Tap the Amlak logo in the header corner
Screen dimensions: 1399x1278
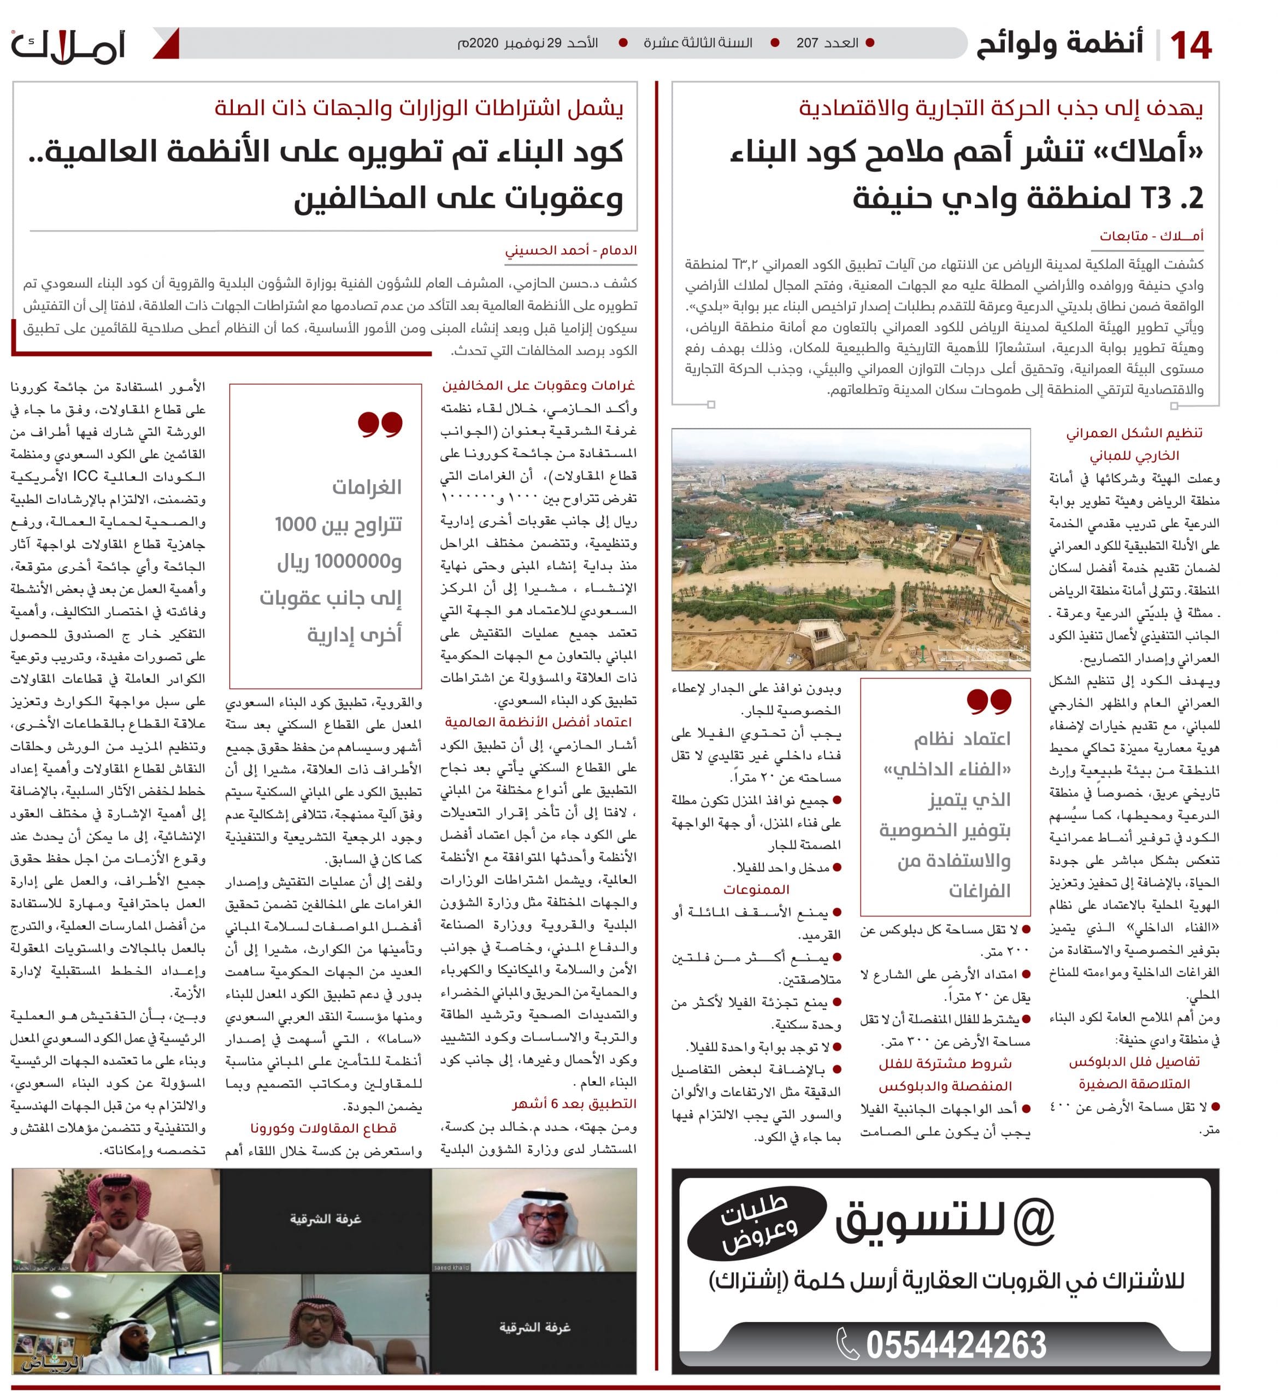tap(67, 46)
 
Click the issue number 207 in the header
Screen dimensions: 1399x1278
tap(807, 43)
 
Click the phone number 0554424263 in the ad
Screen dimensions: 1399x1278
tap(956, 1344)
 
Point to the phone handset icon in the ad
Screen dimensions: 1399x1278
tap(848, 1344)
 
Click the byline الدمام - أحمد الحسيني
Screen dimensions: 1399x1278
tap(570, 250)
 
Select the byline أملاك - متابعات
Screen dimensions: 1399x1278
tap(1151, 236)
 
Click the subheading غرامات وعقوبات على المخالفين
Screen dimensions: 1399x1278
tap(538, 385)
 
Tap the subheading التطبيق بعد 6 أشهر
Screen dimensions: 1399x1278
tap(574, 1103)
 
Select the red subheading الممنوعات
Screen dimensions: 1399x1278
tap(756, 889)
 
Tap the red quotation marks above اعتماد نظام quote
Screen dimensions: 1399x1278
tap(988, 702)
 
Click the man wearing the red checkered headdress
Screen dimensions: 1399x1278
tap(116, 1219)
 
